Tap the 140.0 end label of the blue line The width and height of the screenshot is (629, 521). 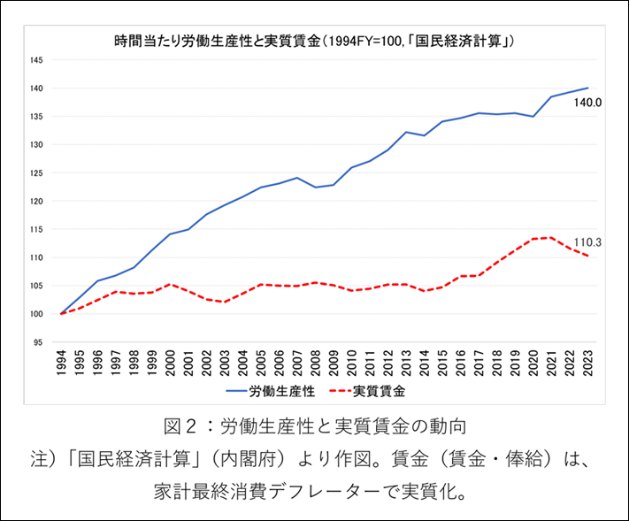(x=588, y=103)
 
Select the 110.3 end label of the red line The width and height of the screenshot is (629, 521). (x=588, y=241)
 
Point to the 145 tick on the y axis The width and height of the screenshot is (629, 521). (x=36, y=60)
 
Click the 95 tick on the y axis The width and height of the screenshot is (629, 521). (x=38, y=341)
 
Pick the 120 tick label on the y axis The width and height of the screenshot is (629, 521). (x=36, y=201)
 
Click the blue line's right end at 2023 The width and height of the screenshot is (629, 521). (x=588, y=88)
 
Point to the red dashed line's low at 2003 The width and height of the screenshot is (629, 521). (x=225, y=302)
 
